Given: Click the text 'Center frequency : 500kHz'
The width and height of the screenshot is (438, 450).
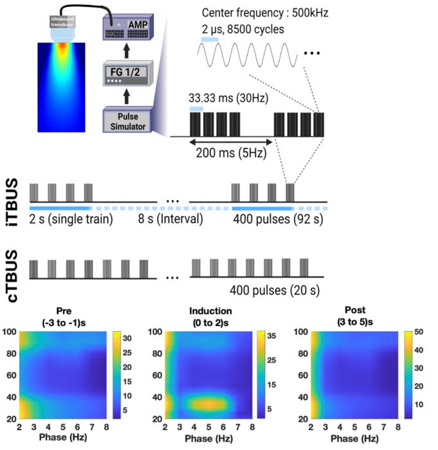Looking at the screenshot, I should tap(265, 14).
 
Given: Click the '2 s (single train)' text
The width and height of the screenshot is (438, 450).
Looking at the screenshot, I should tap(70, 219).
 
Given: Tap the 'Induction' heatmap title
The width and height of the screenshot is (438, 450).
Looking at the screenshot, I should tap(210, 312).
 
